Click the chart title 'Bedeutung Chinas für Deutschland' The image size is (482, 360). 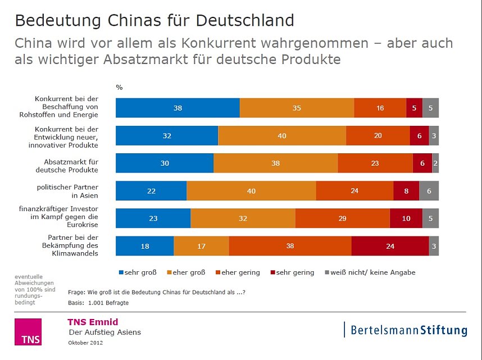[154, 21]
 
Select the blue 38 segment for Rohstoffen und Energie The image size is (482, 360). [178, 108]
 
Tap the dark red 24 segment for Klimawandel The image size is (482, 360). [390, 246]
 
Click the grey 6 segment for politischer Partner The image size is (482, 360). [429, 191]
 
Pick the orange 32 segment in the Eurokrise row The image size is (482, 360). [243, 218]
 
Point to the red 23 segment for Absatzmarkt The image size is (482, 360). [375, 163]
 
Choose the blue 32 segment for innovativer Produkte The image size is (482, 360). [167, 136]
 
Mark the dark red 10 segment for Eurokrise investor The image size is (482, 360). [406, 218]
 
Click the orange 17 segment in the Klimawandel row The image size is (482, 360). [201, 246]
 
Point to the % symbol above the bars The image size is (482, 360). [119, 87]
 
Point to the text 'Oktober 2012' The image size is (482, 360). [85, 343]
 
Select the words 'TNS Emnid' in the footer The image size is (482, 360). [93, 322]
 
